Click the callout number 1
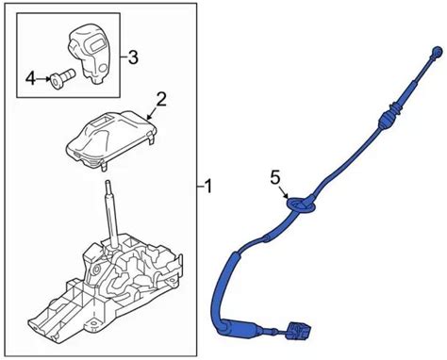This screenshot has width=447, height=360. [207, 187]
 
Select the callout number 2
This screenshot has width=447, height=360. [161, 99]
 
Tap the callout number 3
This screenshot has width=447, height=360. [133, 57]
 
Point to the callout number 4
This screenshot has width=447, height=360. [30, 78]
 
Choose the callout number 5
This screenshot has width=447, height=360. [274, 178]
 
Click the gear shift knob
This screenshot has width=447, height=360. [89, 56]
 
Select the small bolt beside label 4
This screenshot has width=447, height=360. [61, 78]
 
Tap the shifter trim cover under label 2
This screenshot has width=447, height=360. [111, 139]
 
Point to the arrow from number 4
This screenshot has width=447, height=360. [42, 78]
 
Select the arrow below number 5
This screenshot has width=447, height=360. [283, 191]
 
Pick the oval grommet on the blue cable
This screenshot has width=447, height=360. [301, 205]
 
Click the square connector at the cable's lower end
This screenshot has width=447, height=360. [298, 332]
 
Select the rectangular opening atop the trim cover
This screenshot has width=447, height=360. [103, 121]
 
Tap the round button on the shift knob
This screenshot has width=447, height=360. [102, 68]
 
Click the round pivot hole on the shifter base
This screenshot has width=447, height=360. [96, 270]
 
